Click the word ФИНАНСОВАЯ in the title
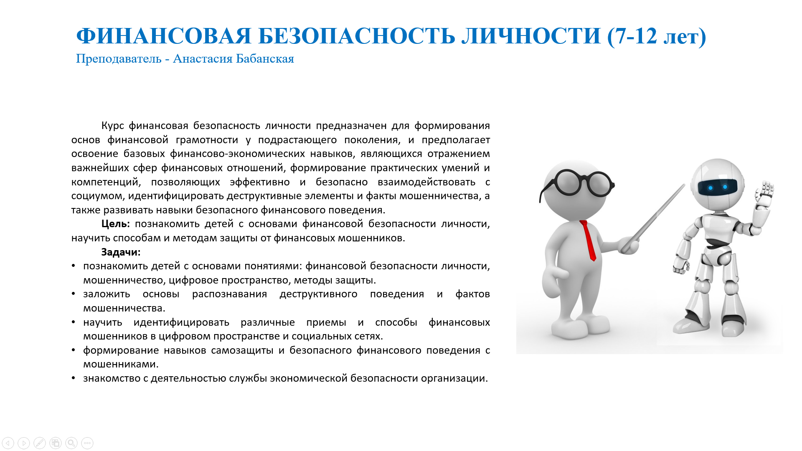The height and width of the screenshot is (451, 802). tap(164, 36)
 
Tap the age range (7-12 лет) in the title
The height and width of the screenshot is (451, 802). tap(657, 37)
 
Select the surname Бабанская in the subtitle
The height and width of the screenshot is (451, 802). tap(265, 58)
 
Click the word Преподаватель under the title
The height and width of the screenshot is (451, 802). tap(119, 59)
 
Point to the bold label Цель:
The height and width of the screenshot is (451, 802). tap(116, 224)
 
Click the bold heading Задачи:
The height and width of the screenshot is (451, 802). tap(121, 252)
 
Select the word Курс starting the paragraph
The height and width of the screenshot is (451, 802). tap(112, 126)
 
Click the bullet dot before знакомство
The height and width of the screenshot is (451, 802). tap(74, 378)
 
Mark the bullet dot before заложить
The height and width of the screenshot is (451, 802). tap(74, 294)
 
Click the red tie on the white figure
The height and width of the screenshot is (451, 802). tap(588, 241)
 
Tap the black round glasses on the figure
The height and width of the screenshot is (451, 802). tap(577, 184)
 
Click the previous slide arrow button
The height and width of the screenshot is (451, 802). tap(8, 443)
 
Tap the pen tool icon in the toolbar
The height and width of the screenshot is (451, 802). tap(40, 443)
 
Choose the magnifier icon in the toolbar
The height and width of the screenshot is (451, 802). tap(71, 443)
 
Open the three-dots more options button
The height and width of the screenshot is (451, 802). tap(87, 443)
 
